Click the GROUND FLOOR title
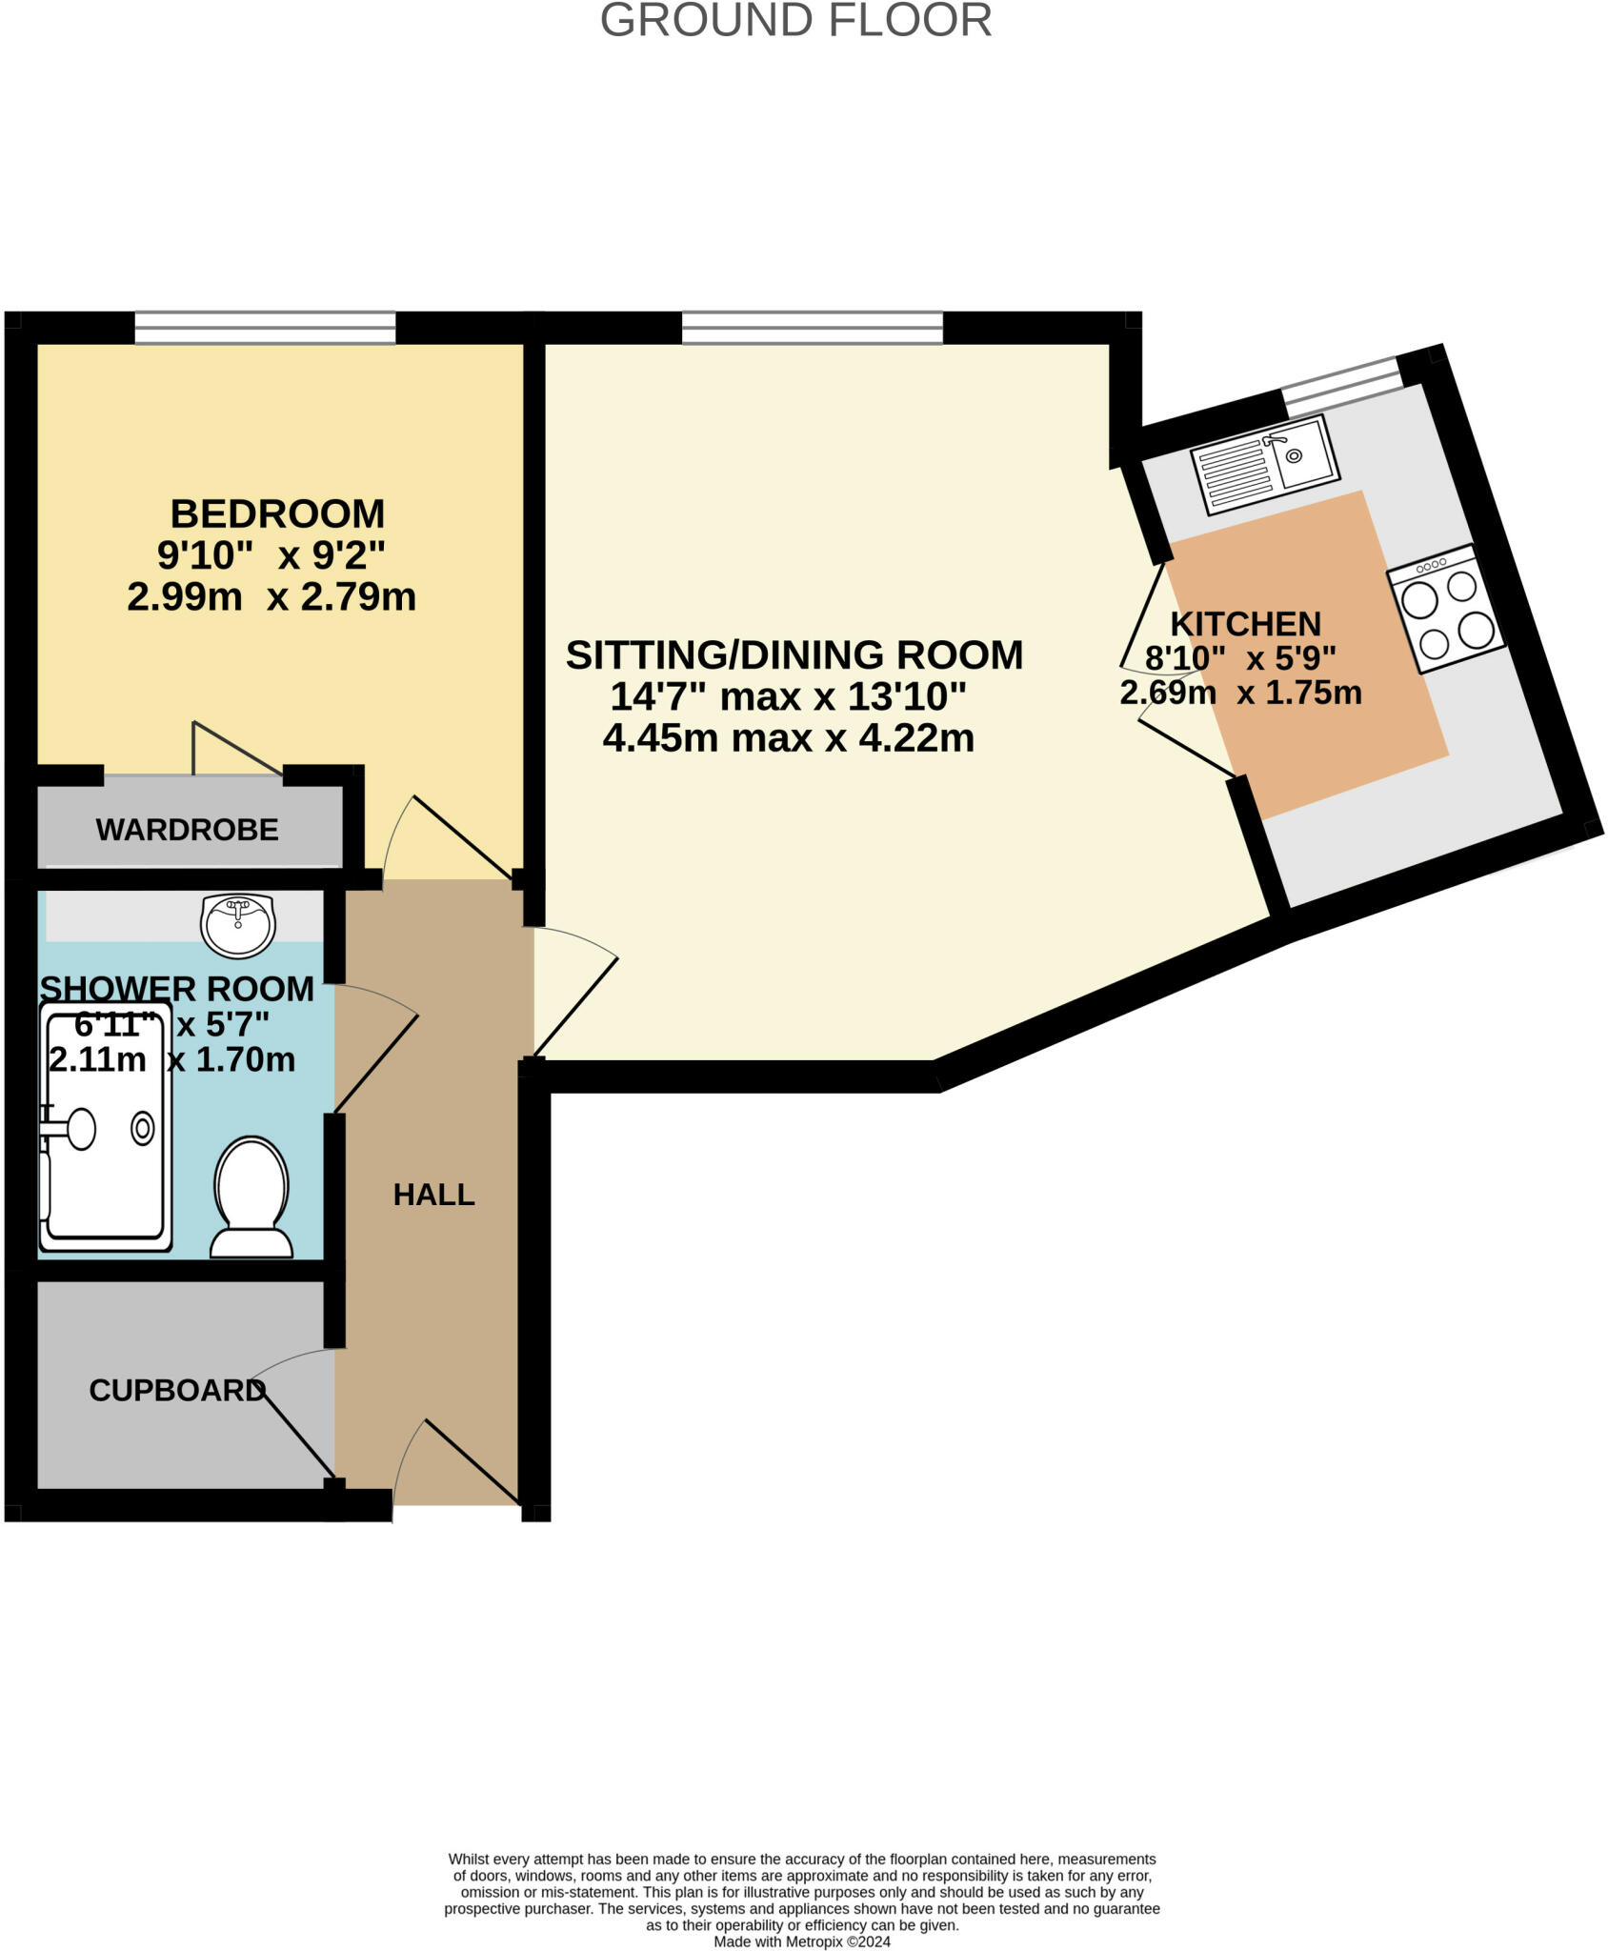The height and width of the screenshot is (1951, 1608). pyautogui.click(x=795, y=21)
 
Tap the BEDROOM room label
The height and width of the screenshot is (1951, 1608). pyautogui.click(x=277, y=514)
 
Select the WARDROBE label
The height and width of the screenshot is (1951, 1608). pyautogui.click(x=187, y=830)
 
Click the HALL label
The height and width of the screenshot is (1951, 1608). pyautogui.click(x=433, y=1195)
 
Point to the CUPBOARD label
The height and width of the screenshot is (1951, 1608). pyautogui.click(x=176, y=1391)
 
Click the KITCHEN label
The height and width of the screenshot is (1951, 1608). pyautogui.click(x=1245, y=624)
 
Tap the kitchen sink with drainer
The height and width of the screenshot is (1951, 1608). pyautogui.click(x=1266, y=463)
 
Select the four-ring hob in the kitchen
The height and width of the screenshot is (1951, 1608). pyautogui.click(x=1446, y=609)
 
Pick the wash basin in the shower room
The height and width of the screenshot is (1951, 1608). pyautogui.click(x=238, y=924)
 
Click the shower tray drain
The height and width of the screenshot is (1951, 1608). pyautogui.click(x=143, y=1129)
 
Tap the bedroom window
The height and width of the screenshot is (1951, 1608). pyautogui.click(x=265, y=328)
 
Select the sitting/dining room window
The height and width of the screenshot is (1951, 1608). pyautogui.click(x=813, y=328)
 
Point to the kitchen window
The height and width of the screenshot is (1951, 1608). pyautogui.click(x=1341, y=385)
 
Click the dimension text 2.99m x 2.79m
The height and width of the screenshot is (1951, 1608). pyautogui.click(x=271, y=597)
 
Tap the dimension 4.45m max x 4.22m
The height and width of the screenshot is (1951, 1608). pyautogui.click(x=789, y=738)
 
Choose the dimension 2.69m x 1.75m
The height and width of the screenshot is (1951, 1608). pyautogui.click(x=1240, y=693)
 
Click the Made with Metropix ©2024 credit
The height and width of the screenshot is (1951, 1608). pyautogui.click(x=802, y=1941)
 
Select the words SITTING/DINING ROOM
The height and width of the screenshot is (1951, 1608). pyautogui.click(x=794, y=655)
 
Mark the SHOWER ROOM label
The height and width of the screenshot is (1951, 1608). pyautogui.click(x=177, y=989)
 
